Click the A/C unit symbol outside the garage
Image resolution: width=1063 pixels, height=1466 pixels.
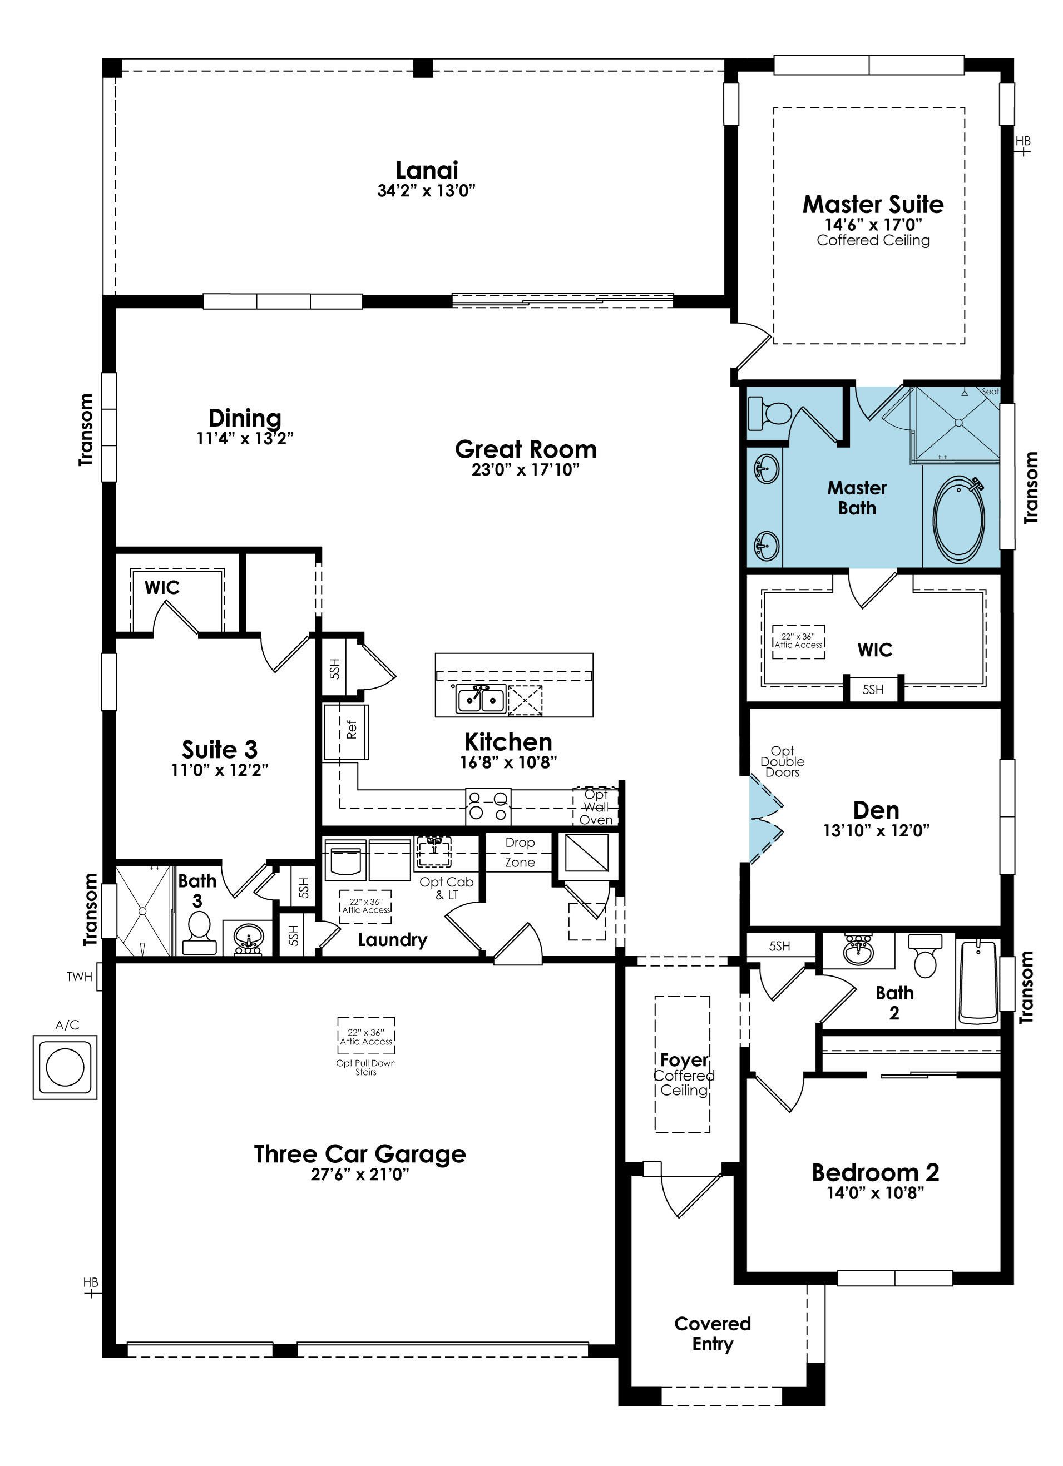click(65, 1067)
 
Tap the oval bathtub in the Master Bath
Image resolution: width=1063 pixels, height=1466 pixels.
click(959, 519)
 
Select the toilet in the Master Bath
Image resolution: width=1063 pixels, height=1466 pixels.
click(769, 414)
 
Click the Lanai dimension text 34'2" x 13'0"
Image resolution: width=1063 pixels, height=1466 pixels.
click(426, 191)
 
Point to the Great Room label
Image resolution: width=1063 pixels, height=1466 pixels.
click(526, 449)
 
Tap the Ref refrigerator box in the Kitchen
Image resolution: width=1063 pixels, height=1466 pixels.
click(347, 732)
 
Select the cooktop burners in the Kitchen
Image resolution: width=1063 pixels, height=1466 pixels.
click(488, 806)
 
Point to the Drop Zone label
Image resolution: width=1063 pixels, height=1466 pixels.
click(520, 853)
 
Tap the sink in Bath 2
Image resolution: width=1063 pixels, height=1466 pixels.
click(859, 952)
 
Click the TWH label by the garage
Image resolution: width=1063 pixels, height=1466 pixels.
click(79, 977)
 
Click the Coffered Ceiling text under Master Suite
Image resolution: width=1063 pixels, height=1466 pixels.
click(873, 240)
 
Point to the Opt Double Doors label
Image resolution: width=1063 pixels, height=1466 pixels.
click(783, 761)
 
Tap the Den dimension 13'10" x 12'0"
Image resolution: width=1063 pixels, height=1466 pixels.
click(876, 831)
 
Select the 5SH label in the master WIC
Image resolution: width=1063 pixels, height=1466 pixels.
click(873, 690)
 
